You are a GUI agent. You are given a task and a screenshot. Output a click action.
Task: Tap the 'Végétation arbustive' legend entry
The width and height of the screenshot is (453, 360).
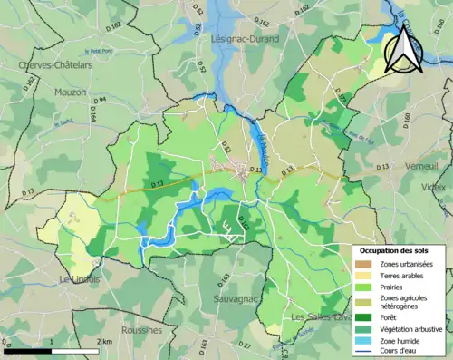[412, 328]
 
